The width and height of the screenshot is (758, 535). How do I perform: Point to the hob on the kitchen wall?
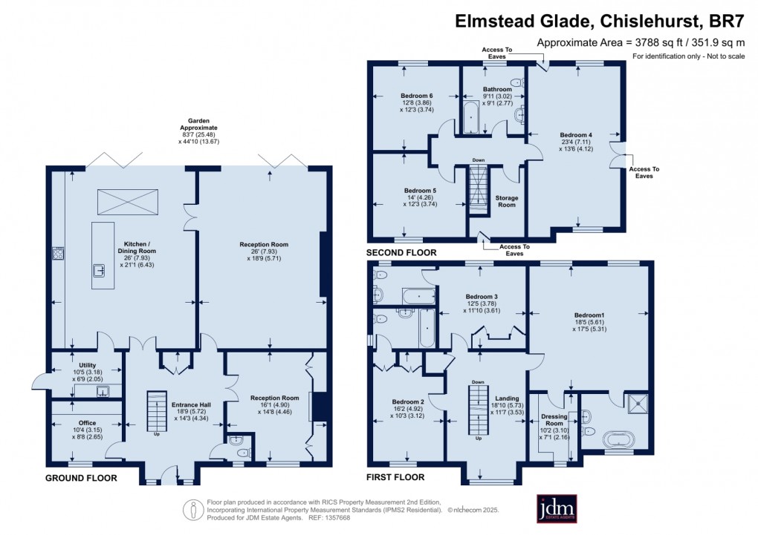pyautogui.click(x=58, y=254)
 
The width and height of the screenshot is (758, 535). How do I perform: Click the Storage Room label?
pyautogui.click(x=506, y=201)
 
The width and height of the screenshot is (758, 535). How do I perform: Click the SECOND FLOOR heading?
pyautogui.click(x=401, y=253)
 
